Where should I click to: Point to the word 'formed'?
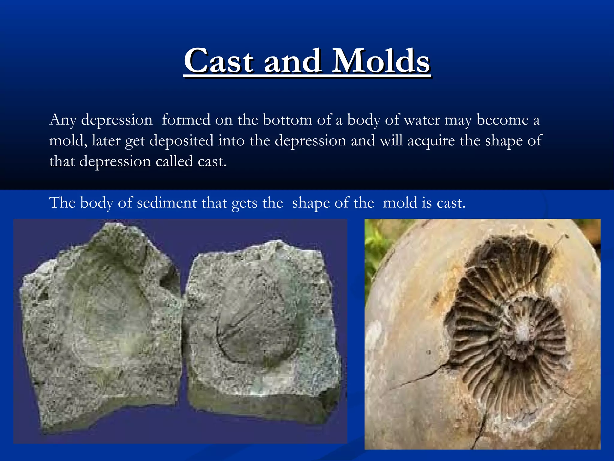pyautogui.click(x=186, y=120)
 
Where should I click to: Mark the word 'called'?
pyautogui.click(x=174, y=161)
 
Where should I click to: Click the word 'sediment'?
pyautogui.click(x=167, y=203)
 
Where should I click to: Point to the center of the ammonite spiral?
pyautogui.click(x=523, y=329)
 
